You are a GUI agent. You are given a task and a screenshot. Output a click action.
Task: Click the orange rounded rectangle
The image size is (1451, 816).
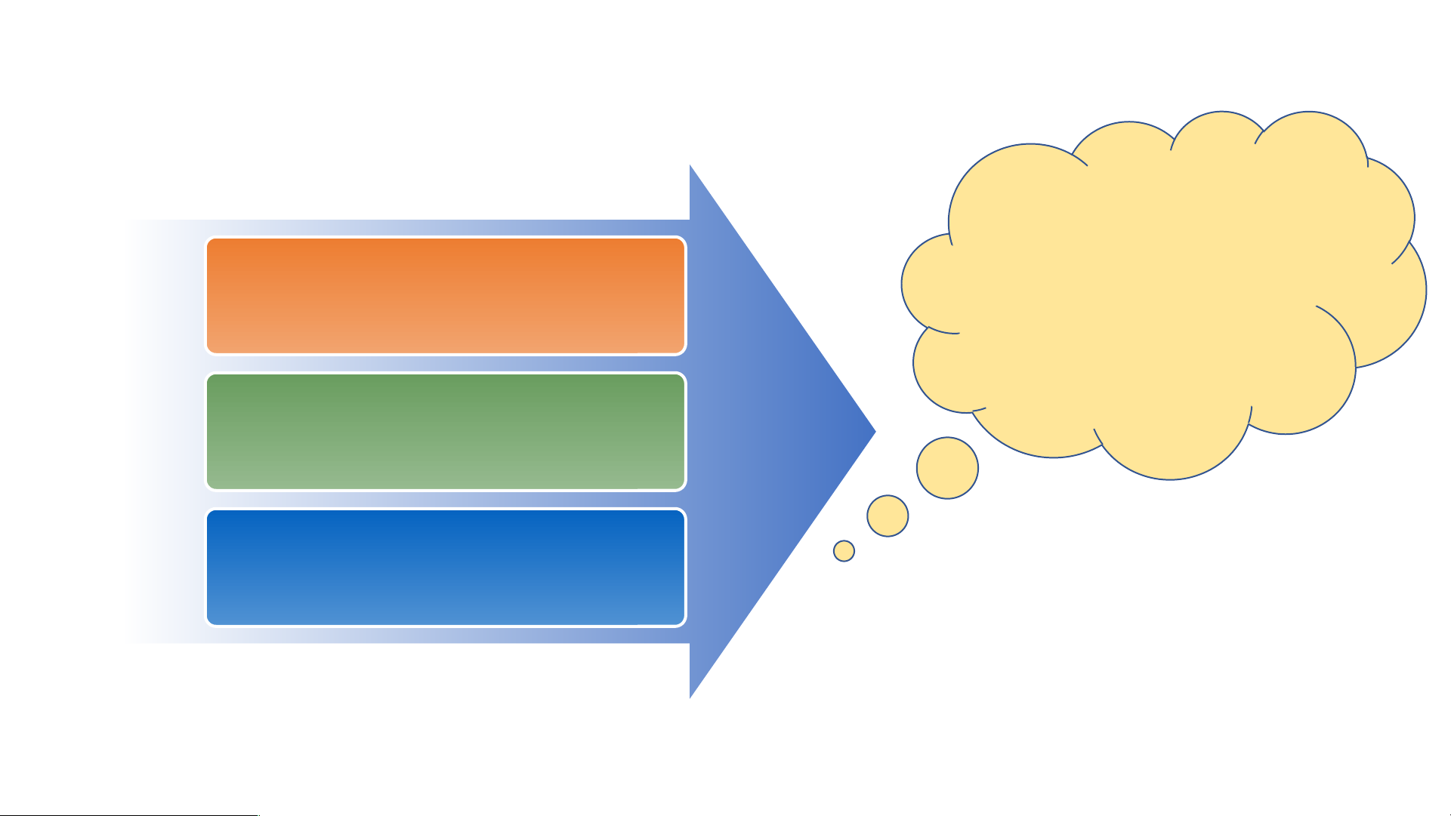(446, 296)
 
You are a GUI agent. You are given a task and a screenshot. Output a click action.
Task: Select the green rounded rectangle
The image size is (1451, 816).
(446, 432)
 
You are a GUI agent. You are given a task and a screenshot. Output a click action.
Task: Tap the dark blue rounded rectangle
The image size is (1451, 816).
(446, 568)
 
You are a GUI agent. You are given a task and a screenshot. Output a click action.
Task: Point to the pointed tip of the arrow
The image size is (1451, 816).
(874, 433)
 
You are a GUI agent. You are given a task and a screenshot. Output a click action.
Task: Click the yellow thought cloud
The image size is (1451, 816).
(1163, 294)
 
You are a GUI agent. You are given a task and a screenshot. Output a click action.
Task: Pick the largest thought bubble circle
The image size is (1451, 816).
(947, 468)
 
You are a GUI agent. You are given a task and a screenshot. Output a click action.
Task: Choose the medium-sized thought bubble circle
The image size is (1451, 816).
(888, 516)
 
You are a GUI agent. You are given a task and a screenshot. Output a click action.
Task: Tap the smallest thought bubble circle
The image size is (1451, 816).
(844, 551)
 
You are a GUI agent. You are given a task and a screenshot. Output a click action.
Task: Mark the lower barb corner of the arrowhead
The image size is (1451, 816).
(690, 697)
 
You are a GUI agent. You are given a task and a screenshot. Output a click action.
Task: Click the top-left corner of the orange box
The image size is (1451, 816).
(209, 241)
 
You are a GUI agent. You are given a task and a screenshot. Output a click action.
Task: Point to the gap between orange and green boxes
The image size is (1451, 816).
(446, 364)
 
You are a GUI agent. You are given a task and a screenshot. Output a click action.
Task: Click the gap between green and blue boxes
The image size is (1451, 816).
(446, 500)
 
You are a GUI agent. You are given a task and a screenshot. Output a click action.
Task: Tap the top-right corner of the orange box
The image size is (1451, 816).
(683, 241)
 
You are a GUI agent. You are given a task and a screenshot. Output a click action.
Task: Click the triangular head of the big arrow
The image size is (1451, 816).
(763, 432)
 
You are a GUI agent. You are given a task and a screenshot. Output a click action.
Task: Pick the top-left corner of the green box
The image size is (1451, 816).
(209, 377)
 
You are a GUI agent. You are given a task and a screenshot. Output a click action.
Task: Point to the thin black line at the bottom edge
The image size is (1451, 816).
(128, 814)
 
